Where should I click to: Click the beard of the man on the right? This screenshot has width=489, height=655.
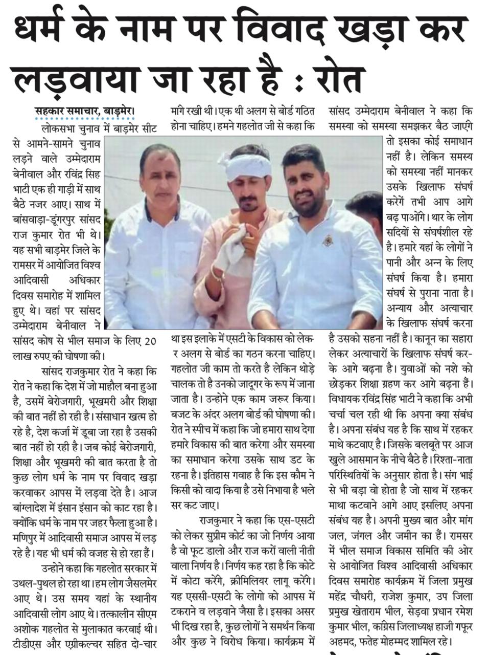307,205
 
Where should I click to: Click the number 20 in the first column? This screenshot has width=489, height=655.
150,342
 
